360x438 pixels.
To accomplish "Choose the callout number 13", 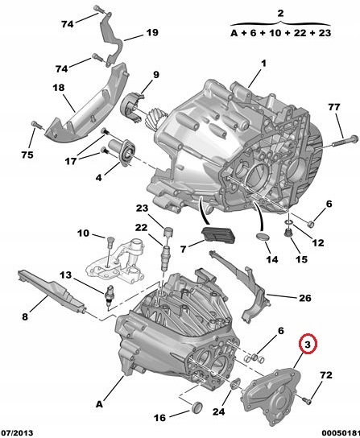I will click(x=65, y=275).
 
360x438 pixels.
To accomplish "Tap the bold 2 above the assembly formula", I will click(x=280, y=14).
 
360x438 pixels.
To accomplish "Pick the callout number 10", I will click(x=84, y=233).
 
